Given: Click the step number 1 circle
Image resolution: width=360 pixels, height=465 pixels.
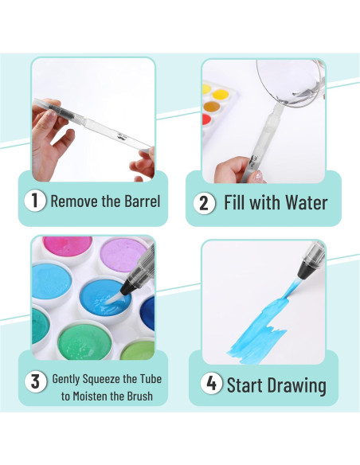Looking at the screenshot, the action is pos(35,201).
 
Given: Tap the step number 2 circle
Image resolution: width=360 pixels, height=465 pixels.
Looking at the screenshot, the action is pos(204,203).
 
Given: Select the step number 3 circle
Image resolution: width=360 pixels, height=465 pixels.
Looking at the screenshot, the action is pos(35,381).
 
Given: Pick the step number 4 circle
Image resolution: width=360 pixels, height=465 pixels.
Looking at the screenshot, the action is pos(211,383).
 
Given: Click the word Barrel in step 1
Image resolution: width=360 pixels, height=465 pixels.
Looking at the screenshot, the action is pos(143,201).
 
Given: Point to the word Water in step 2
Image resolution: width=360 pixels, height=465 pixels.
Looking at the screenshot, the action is pos(307,203).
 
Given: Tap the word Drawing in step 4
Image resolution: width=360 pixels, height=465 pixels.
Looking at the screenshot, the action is pos(298,386).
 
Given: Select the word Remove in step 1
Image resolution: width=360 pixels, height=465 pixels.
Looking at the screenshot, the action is pos(75,201).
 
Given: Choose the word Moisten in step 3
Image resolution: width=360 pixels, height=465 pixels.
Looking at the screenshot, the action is pos(91,396).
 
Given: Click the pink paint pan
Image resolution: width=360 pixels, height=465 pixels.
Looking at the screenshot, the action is pos(68,248).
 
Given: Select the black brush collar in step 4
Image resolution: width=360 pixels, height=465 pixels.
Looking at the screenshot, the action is pos(307,269).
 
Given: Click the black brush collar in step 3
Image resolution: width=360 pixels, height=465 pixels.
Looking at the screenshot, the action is pos(127,287).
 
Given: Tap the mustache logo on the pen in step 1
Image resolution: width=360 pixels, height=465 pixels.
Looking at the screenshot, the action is pos(121,137).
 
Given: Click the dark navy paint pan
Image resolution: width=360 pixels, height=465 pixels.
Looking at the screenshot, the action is pos(147,314).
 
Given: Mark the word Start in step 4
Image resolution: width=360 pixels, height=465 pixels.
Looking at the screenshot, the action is pos(246,385).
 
